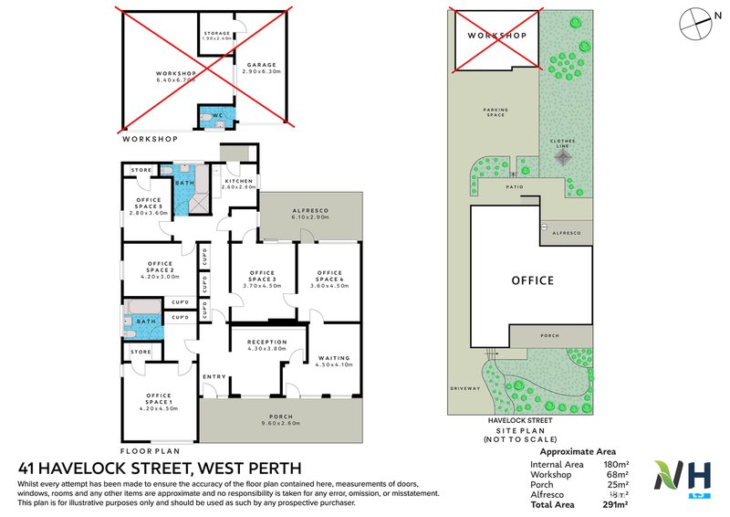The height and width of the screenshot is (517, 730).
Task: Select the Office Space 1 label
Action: tap(159, 398)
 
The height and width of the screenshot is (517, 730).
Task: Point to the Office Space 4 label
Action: tap(329, 275)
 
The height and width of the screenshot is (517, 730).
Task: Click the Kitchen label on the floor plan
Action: tap(240, 182)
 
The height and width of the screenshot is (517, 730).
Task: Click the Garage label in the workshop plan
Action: tap(261, 65)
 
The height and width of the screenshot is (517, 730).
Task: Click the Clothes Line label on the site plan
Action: tap(563, 143)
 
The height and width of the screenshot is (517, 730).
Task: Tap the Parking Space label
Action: tap(496, 112)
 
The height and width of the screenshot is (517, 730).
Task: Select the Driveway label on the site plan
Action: tap(464, 388)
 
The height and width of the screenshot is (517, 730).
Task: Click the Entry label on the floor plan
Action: tap(214, 376)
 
